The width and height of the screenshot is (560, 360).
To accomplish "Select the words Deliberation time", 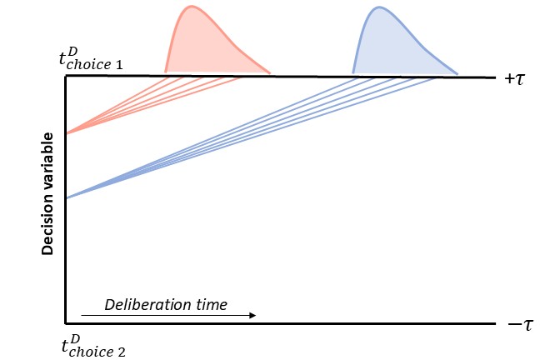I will click(x=166, y=304).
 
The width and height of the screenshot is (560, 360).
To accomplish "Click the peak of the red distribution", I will click(x=192, y=7).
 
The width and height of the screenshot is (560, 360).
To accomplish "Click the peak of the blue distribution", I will click(x=379, y=7).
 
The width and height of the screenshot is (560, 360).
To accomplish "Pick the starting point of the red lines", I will click(x=66, y=133).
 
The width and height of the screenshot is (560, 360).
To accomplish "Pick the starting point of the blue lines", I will click(x=66, y=197).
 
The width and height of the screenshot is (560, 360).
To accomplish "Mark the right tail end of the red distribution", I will click(x=270, y=73).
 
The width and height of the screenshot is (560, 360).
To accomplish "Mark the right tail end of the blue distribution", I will click(x=457, y=73).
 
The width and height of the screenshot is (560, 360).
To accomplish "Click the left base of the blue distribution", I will click(x=353, y=73).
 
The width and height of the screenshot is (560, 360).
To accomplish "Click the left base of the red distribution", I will click(x=165, y=73).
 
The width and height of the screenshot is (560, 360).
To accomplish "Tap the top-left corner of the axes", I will click(x=66, y=76).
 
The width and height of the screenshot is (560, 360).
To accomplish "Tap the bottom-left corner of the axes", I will click(x=66, y=322).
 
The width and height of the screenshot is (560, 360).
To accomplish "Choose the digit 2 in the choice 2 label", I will click(x=122, y=351).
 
